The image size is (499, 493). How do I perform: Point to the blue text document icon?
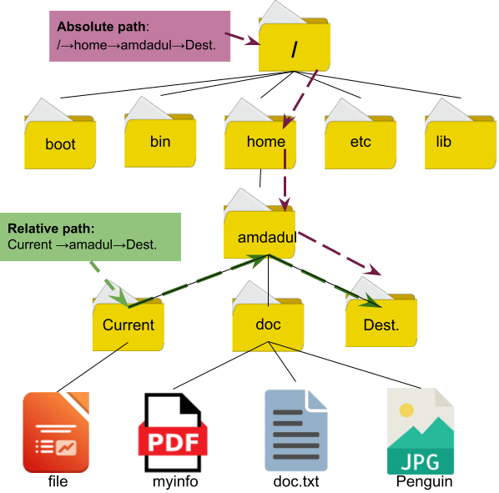[295, 432]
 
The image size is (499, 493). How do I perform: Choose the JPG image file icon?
[421, 432]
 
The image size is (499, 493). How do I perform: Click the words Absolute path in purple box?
[90, 26]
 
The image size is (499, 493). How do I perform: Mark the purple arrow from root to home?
[302, 98]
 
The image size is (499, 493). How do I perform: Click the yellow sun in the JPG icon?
[406, 410]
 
